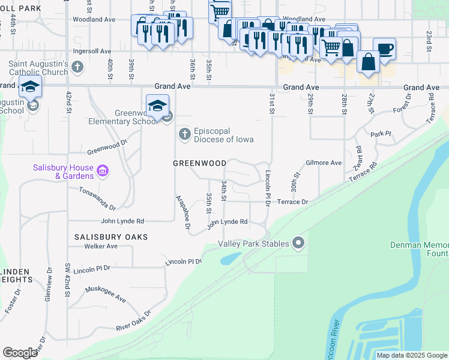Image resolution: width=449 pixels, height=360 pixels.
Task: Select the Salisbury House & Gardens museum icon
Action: [x=103, y=172]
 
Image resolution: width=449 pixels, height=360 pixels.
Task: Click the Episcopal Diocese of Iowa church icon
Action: [x=185, y=135]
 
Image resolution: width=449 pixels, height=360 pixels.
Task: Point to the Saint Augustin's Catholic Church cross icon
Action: [x=77, y=67]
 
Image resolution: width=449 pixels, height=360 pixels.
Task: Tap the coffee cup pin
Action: [x=384, y=49]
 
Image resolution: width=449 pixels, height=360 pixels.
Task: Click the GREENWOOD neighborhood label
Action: [x=199, y=163]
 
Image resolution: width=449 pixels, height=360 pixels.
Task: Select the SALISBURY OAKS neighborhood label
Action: [x=110, y=237]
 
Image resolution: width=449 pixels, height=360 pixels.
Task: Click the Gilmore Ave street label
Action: [x=324, y=163]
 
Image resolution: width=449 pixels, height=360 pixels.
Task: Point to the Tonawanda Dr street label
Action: [x=97, y=197]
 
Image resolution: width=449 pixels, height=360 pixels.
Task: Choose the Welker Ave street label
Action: [x=100, y=246]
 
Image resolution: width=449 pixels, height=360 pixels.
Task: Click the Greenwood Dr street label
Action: [x=107, y=147]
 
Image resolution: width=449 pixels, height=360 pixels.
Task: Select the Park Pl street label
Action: [x=381, y=134]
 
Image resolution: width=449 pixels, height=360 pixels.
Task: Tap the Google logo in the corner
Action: [x=20, y=352]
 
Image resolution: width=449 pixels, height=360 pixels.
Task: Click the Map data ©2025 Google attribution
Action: [x=412, y=355]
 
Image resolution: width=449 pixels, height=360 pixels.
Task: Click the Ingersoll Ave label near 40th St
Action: [x=92, y=52]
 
